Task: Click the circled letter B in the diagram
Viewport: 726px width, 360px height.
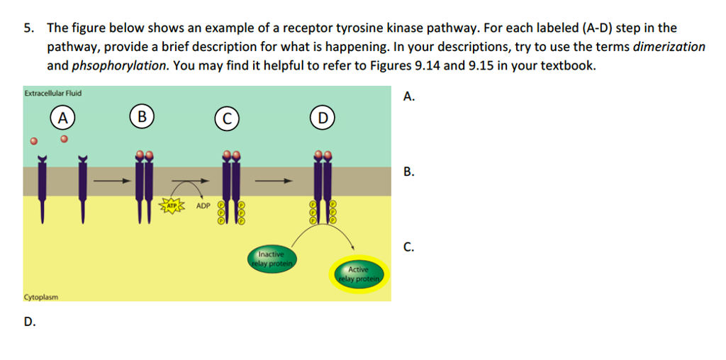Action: (x=142, y=116)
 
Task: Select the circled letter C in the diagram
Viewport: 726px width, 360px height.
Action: (x=227, y=118)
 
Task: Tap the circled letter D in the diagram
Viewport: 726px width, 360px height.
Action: (x=322, y=118)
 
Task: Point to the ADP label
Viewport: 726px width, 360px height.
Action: (x=203, y=207)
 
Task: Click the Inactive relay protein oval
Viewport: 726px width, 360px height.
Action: (x=271, y=259)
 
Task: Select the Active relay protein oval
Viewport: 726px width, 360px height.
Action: (x=358, y=274)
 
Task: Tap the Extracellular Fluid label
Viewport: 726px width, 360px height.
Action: (x=52, y=93)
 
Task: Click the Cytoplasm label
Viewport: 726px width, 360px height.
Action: (x=41, y=297)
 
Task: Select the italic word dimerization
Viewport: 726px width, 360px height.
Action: (x=669, y=47)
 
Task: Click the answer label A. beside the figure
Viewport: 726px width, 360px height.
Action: (x=408, y=97)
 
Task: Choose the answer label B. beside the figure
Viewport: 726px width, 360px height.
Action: (x=408, y=172)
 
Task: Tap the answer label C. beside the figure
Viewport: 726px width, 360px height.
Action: (x=408, y=247)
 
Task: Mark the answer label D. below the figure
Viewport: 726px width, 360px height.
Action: (x=29, y=322)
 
